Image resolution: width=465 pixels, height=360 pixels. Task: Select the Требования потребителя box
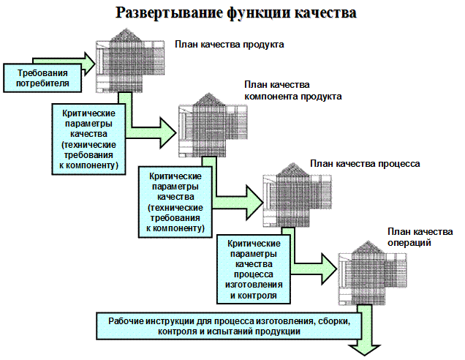click(x=42, y=78)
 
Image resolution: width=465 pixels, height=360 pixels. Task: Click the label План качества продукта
click(x=230, y=45)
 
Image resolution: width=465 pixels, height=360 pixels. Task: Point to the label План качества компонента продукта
click(x=292, y=91)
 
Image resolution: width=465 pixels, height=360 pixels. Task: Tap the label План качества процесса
click(x=365, y=164)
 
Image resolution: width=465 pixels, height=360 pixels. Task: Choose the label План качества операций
click(x=420, y=237)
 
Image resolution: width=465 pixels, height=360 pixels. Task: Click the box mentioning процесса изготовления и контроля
click(x=254, y=269)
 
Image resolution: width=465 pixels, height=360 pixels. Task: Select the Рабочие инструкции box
click(x=229, y=326)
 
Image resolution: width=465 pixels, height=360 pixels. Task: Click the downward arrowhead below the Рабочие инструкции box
click(x=364, y=350)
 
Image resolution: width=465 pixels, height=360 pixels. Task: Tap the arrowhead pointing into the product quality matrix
click(x=89, y=64)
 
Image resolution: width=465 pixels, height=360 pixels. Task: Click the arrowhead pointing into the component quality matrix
click(x=168, y=132)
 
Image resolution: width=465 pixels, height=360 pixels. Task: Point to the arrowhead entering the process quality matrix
click(x=254, y=203)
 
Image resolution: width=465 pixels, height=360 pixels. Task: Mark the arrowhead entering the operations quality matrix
click(x=329, y=269)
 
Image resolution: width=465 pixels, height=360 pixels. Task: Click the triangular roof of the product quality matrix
click(x=126, y=35)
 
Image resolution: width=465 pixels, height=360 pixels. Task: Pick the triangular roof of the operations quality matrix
click(x=368, y=247)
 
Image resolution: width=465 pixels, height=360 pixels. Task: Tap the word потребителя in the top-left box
click(x=42, y=83)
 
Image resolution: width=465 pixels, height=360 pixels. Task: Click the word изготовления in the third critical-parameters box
click(x=254, y=285)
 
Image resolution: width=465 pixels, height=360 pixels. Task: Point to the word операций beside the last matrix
click(x=409, y=243)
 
